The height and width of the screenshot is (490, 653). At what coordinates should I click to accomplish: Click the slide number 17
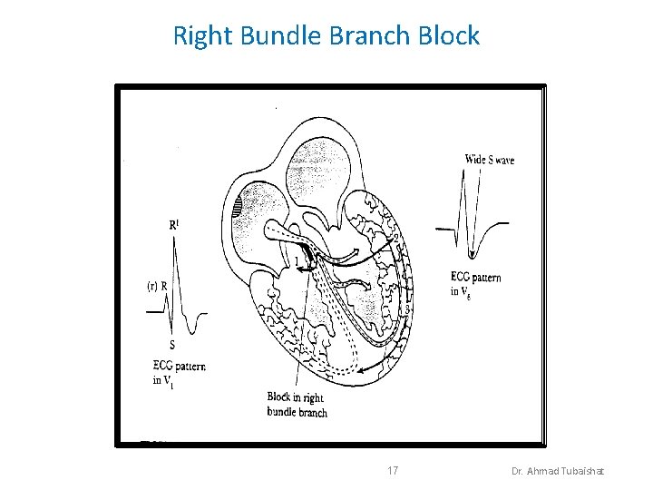[393, 471]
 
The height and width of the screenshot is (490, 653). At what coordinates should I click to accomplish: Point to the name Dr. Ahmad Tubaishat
[562, 472]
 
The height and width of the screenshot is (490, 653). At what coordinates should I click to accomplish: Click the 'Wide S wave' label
[489, 161]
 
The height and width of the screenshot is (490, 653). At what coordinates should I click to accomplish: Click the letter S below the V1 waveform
[172, 345]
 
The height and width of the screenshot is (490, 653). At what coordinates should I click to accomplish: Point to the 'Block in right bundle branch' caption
[297, 405]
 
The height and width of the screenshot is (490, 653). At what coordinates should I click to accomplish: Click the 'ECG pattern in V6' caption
[475, 284]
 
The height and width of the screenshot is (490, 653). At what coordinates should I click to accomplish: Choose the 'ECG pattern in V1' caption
[179, 373]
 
